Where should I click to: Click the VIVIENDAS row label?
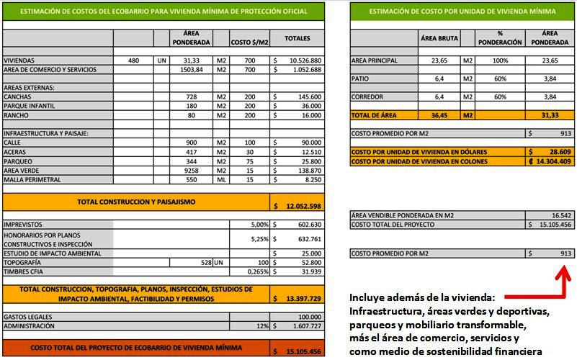pyautogui.click(x=19, y=60)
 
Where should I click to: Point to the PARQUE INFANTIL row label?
pyautogui.click(x=28, y=106)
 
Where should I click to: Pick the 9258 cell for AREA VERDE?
pyautogui.click(x=191, y=171)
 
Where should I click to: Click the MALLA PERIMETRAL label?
pyautogui.click(x=31, y=180)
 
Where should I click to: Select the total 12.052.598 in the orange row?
pyautogui.click(x=303, y=206)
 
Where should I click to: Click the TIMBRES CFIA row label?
pyautogui.click(x=23, y=271)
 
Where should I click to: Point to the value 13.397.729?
pyautogui.click(x=303, y=298)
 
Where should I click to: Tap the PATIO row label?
pyautogui.click(x=360, y=78)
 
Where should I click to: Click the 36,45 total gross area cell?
pyautogui.click(x=439, y=115)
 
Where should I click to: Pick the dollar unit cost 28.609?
pyautogui.click(x=558, y=152)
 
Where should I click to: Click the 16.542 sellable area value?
pyautogui.click(x=561, y=215)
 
